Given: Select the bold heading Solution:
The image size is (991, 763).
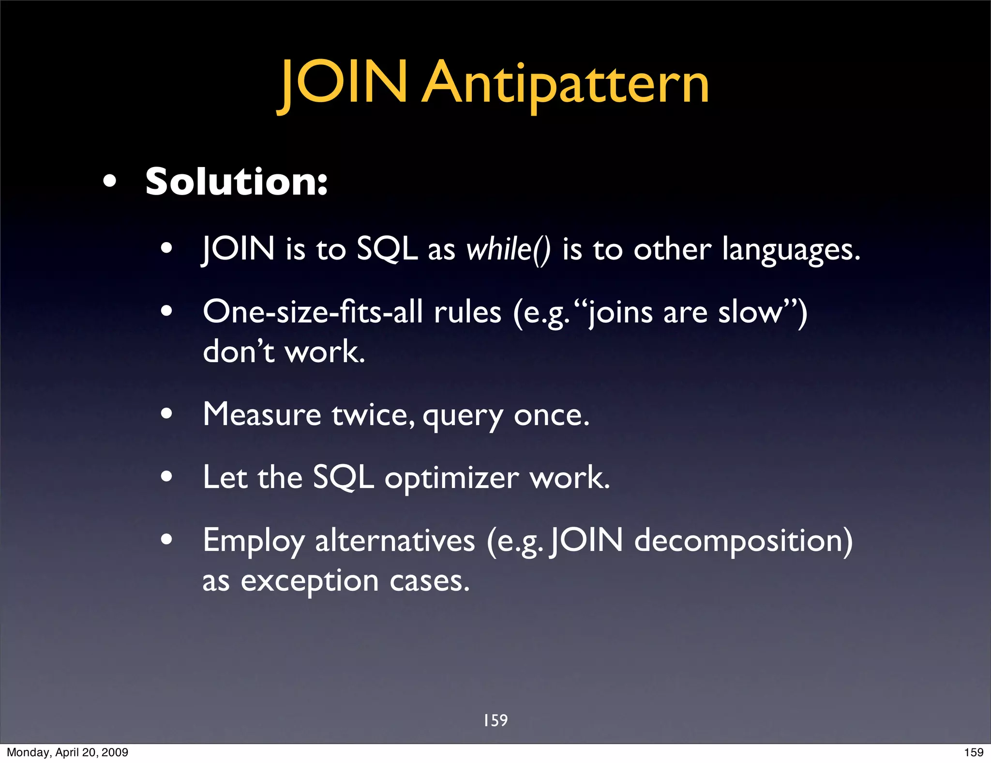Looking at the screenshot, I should (x=236, y=182).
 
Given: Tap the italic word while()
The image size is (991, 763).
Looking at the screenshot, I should (x=508, y=250).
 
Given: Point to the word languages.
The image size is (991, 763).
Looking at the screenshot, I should (x=791, y=251).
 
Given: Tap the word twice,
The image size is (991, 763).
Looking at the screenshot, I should (x=373, y=415).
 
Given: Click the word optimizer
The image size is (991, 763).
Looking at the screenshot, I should (x=451, y=478).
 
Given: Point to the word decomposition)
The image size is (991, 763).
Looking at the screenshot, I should (x=743, y=541).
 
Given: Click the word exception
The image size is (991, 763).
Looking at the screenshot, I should (x=310, y=581).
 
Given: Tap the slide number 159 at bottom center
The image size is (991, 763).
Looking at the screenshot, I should (x=495, y=720).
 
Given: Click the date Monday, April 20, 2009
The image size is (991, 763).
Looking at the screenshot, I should (x=67, y=752).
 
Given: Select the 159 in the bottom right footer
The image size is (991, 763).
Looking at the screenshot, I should (x=974, y=752).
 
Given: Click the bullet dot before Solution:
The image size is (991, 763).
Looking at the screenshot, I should (x=110, y=182).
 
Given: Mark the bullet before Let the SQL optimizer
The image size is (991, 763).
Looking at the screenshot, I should (x=166, y=476).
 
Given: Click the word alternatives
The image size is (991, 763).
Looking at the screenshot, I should (x=395, y=541).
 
